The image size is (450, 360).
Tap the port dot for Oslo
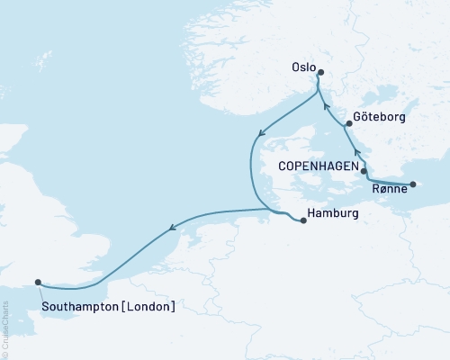click(x=320, y=74)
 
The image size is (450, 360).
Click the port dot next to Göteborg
click(x=348, y=123)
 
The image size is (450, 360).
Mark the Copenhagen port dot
click(x=364, y=169)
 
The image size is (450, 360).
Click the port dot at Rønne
click(x=412, y=184)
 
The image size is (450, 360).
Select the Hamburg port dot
click(x=303, y=220)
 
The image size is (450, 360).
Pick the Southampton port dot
click(x=38, y=282)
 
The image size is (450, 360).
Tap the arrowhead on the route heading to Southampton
click(x=170, y=236)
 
